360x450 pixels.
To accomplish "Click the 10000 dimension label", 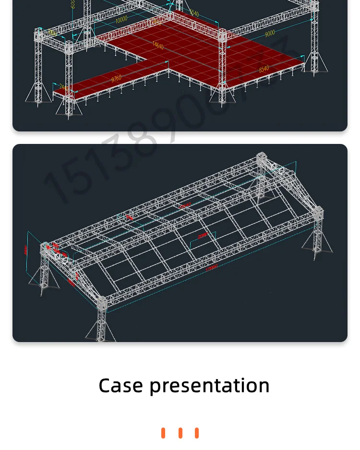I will point(121,19).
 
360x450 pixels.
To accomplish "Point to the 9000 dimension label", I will point(270,33).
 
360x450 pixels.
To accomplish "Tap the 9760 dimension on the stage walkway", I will point(116,78).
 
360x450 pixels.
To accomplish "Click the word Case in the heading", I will point(120,386).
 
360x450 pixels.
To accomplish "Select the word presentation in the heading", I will point(209,386).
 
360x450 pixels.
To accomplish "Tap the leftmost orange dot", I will point(163,433).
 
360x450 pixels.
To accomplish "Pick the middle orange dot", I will point(180,433).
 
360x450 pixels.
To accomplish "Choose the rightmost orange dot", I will point(197,433).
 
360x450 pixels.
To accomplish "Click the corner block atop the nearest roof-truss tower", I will point(101,303).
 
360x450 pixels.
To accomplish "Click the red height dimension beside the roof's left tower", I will point(26,249).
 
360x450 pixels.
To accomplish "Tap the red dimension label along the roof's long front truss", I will point(211,267).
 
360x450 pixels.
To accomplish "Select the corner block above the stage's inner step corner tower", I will point(222,35).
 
